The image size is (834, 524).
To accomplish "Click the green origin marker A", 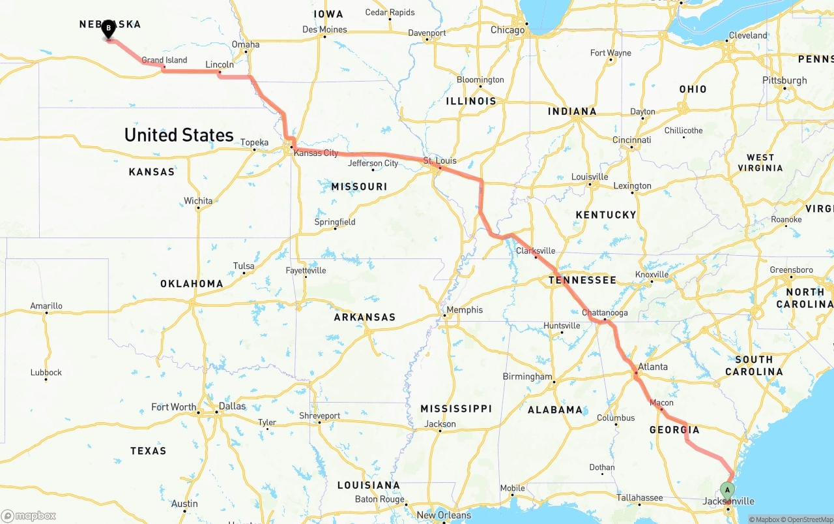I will click(727, 490).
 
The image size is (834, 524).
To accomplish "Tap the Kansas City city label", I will click(316, 153).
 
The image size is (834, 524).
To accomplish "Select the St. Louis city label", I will click(440, 161).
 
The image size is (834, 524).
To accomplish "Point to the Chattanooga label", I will click(605, 313).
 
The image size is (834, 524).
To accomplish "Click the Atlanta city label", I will click(652, 367).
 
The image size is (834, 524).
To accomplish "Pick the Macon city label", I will click(661, 403).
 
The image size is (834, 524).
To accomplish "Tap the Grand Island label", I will click(164, 60).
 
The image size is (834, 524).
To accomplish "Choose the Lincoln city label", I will click(220, 65).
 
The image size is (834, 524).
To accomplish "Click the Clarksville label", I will click(536, 251).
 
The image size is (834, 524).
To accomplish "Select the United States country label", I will click(179, 135).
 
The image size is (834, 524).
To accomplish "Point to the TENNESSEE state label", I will click(582, 280).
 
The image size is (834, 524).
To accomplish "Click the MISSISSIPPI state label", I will click(456, 408).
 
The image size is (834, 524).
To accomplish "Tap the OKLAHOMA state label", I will click(192, 284).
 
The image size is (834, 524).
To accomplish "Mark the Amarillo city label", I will click(46, 305).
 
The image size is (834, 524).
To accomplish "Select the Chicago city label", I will click(508, 30).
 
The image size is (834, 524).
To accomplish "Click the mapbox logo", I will click(29, 516).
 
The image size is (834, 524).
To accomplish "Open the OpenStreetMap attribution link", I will click(809, 519).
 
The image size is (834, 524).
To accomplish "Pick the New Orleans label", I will click(444, 515).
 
